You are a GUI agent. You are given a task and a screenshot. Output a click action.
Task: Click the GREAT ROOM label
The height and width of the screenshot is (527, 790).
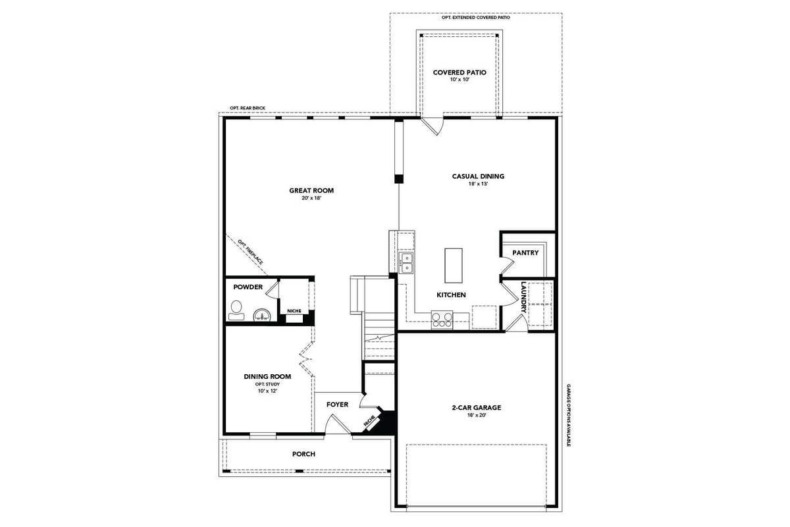(x=311, y=190)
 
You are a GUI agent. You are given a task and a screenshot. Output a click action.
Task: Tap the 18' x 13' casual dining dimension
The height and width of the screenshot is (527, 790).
(x=478, y=184)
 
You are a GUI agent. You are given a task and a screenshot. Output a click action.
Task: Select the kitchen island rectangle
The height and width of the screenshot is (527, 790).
(x=453, y=265)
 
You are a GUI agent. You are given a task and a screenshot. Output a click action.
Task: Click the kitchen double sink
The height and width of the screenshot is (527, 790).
(x=406, y=263)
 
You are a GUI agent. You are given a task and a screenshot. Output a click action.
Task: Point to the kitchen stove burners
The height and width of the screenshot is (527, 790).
(x=442, y=320)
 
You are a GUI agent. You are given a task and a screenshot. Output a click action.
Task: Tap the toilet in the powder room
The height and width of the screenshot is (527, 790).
(x=236, y=310)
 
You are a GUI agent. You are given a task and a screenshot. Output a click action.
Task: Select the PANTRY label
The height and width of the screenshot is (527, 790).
(x=525, y=253)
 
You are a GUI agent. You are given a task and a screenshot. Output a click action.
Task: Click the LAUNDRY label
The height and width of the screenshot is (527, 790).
(x=524, y=297)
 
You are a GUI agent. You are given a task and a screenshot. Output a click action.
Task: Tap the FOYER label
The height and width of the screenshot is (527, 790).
(x=337, y=404)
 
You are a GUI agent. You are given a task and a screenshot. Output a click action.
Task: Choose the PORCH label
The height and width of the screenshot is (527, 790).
(x=303, y=454)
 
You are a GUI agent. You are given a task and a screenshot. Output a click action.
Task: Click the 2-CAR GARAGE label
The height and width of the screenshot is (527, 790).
(x=477, y=407)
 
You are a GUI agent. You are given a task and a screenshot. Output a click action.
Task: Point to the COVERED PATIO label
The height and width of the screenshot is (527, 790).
(x=460, y=72)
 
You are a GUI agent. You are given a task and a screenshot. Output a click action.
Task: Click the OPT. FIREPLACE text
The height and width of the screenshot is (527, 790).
(x=250, y=252)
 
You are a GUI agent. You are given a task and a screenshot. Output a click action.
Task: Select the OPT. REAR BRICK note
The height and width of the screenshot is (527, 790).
(x=248, y=108)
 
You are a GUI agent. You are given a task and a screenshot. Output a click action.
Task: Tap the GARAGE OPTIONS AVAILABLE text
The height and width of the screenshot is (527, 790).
(x=568, y=415)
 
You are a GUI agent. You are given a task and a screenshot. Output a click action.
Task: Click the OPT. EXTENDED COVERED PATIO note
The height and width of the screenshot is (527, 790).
(x=476, y=17)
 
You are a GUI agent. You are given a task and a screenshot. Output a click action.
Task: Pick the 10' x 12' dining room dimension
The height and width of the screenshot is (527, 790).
(x=267, y=391)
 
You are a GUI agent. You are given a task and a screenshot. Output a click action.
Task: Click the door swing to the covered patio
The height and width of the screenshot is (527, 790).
(x=433, y=126)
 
